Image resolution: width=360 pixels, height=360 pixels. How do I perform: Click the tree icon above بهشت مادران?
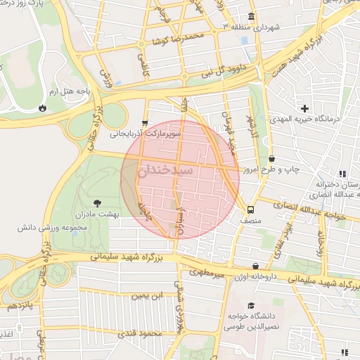click(97, 202)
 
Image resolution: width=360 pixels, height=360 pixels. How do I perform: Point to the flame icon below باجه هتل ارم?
click(43, 108)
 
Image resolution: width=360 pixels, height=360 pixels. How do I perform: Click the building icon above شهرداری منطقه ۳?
click(251, 15)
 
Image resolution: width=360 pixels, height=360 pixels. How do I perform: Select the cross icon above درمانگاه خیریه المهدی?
click(304, 108)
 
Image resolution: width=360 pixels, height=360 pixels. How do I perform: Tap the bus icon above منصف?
click(250, 210)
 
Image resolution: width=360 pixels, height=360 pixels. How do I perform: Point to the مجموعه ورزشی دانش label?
click(53, 228)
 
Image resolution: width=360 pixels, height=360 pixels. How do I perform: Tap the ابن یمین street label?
click(150, 297)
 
